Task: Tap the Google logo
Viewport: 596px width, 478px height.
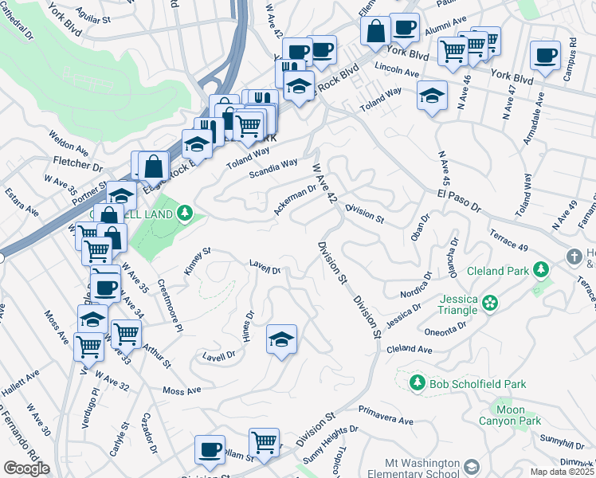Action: point(26,468)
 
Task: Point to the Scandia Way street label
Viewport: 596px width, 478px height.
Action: point(273,168)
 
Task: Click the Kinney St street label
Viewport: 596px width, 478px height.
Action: point(197,261)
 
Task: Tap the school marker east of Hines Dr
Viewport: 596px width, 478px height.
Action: point(281,340)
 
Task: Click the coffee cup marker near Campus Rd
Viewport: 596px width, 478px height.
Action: point(545,55)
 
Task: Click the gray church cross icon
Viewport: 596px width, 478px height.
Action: point(572,257)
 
